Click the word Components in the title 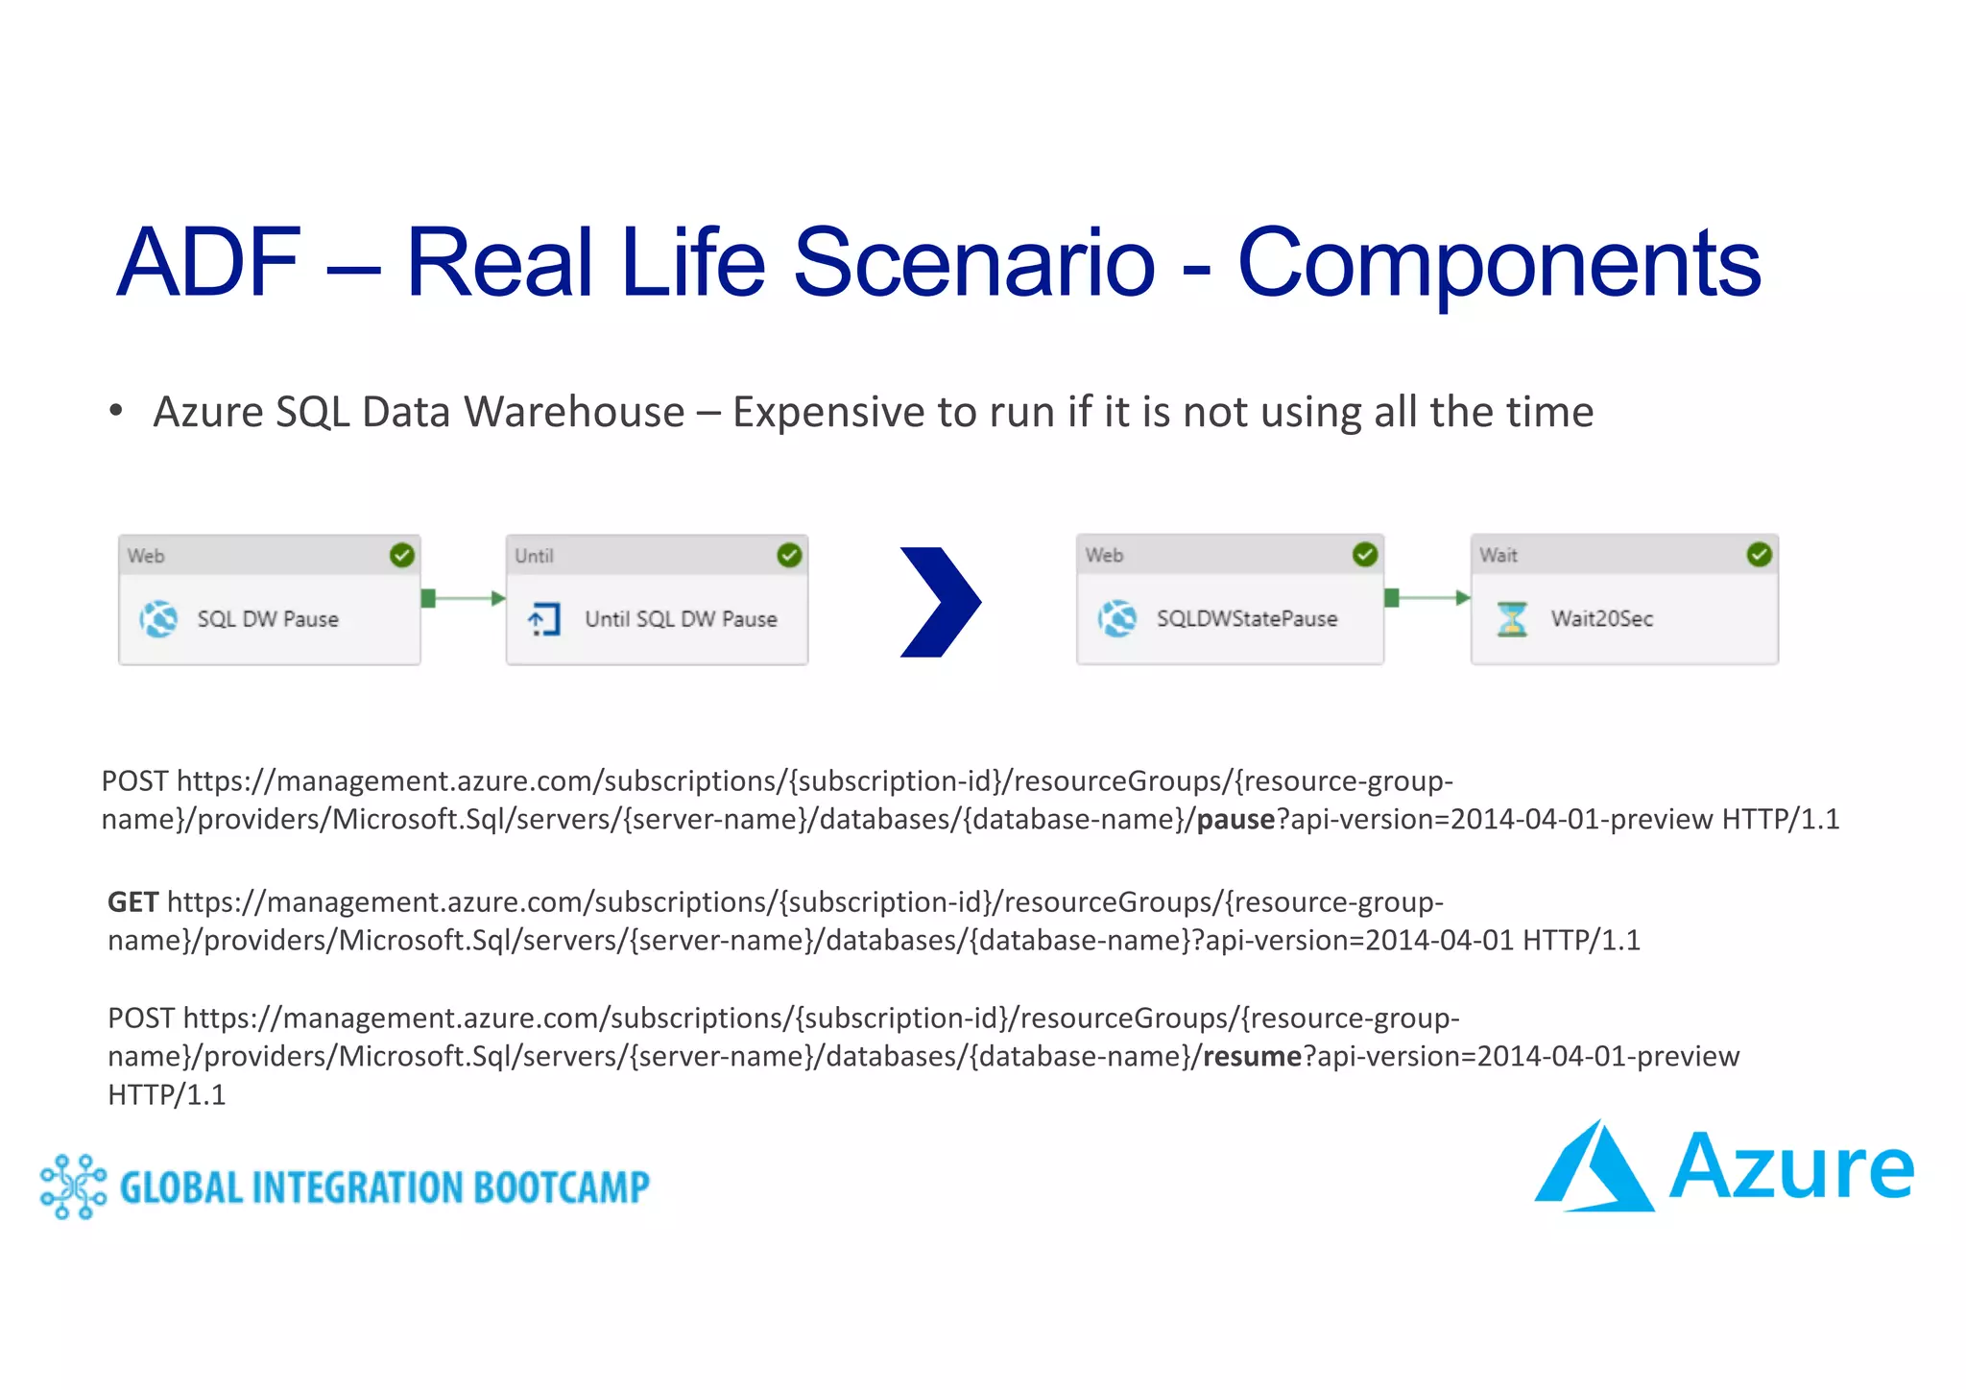[x=1498, y=262]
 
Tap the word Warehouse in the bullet [x=573, y=413]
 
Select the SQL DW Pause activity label [x=268, y=619]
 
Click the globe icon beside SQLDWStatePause [x=1117, y=618]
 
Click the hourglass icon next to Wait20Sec [x=1512, y=618]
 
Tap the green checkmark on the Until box [x=789, y=555]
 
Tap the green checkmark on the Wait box [x=1759, y=554]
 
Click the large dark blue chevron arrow [x=939, y=602]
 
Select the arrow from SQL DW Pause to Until [x=464, y=598]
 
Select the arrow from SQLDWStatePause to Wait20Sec [x=1427, y=598]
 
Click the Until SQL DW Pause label [x=681, y=619]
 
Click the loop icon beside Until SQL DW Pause [x=544, y=619]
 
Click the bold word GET [x=132, y=902]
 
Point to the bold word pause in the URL [x=1235, y=819]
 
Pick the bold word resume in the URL [x=1252, y=1056]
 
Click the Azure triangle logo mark [x=1593, y=1168]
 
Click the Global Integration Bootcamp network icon [x=73, y=1186]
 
